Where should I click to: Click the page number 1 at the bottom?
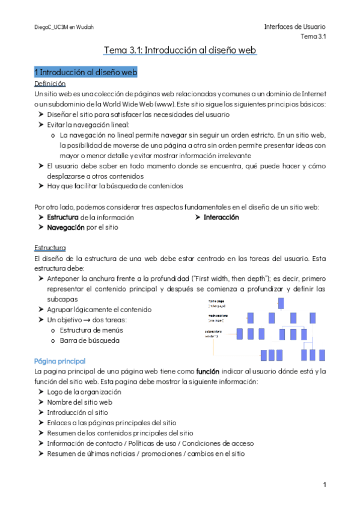[x=324, y=484]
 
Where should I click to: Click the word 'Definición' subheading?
[x=50, y=84]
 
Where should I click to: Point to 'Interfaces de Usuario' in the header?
[x=294, y=27]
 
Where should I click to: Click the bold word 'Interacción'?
[x=221, y=217]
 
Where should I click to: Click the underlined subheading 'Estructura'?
[x=50, y=248]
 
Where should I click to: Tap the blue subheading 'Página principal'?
[x=60, y=361]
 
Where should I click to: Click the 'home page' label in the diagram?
[x=218, y=301]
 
